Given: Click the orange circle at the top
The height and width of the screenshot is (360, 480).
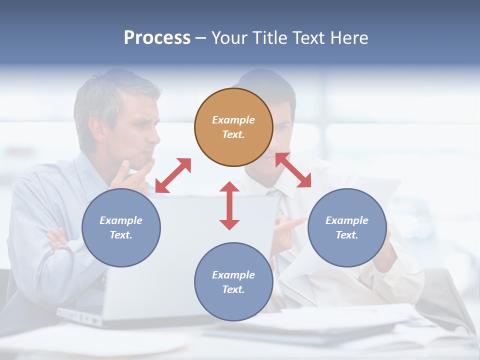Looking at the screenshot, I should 233,127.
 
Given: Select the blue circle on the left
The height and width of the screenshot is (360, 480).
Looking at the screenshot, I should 121,227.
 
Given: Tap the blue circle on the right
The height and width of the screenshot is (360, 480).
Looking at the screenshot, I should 347,227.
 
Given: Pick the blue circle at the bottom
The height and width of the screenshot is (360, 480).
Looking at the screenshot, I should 233,282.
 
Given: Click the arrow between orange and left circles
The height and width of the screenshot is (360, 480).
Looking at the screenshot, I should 173,175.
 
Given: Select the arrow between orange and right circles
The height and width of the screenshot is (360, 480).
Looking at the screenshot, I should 293,170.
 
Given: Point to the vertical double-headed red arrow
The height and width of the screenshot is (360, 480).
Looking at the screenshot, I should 229,205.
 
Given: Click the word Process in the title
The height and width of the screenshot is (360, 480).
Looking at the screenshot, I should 157,37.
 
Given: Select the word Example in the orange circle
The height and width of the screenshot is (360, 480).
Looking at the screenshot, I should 233,120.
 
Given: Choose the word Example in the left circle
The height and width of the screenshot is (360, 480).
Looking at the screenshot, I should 121,220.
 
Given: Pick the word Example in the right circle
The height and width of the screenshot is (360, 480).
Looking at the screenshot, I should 347,220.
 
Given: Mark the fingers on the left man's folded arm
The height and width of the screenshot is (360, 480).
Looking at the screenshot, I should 56,238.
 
